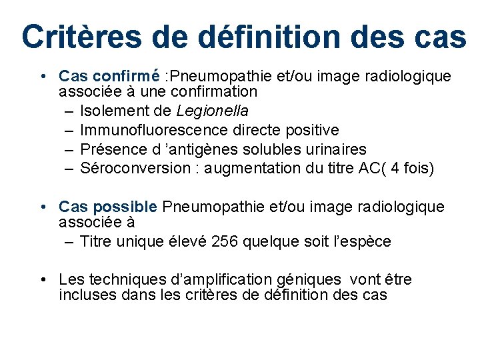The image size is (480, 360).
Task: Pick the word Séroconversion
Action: (x=135, y=168)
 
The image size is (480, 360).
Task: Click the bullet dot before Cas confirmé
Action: (x=42, y=77)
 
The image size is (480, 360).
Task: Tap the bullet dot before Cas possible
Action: (x=42, y=207)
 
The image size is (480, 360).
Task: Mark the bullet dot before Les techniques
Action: (x=42, y=280)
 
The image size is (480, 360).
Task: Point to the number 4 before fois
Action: (x=396, y=168)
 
